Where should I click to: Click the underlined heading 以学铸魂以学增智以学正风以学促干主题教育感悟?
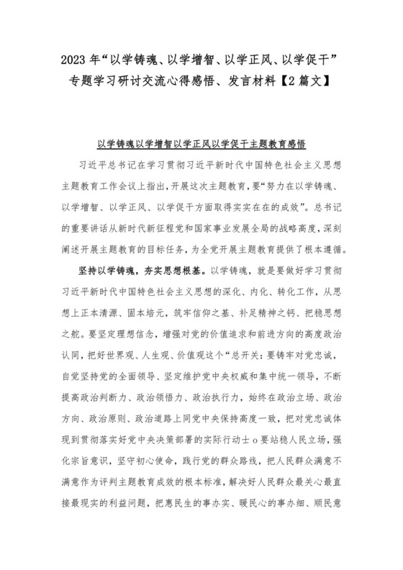click(201, 142)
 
